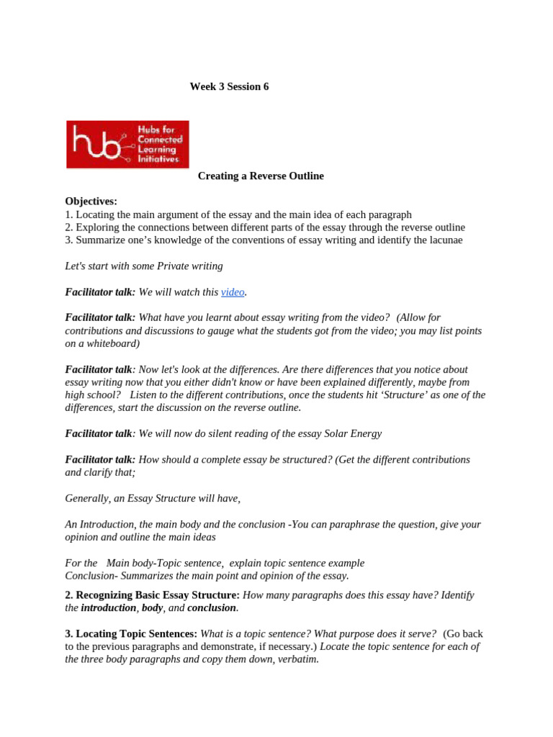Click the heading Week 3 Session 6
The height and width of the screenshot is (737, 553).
pyautogui.click(x=229, y=86)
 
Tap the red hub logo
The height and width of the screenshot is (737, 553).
pyautogui.click(x=127, y=144)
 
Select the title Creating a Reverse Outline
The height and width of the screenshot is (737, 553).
pyautogui.click(x=261, y=176)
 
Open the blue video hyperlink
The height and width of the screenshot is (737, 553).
pyautogui.click(x=233, y=291)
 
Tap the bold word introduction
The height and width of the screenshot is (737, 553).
pyautogui.click(x=108, y=607)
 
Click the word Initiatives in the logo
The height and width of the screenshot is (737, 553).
pyautogui.click(x=158, y=159)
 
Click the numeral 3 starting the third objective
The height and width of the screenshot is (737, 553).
pyautogui.click(x=68, y=240)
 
